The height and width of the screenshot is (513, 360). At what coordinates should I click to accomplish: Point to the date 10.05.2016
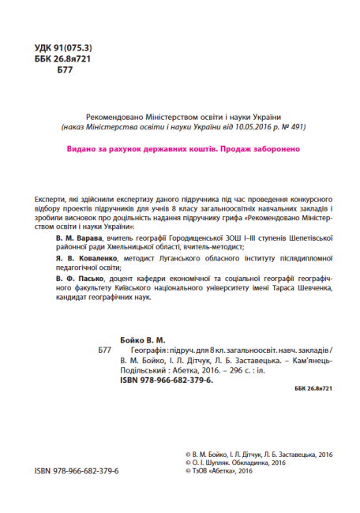point(249,126)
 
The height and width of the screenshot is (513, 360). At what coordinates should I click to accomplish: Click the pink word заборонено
point(274,148)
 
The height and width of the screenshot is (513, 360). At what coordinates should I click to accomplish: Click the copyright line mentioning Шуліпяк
point(233,464)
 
